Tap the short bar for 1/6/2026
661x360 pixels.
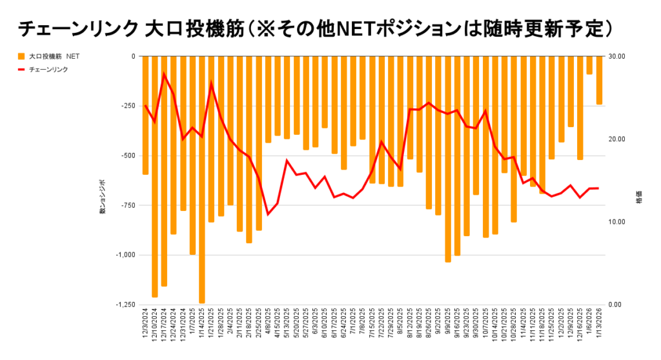coord(589,65)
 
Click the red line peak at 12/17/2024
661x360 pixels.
coord(164,74)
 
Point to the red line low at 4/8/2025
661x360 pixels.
coord(268,214)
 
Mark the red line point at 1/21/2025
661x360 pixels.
coord(211,83)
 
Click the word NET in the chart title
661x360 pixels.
coord(380,29)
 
